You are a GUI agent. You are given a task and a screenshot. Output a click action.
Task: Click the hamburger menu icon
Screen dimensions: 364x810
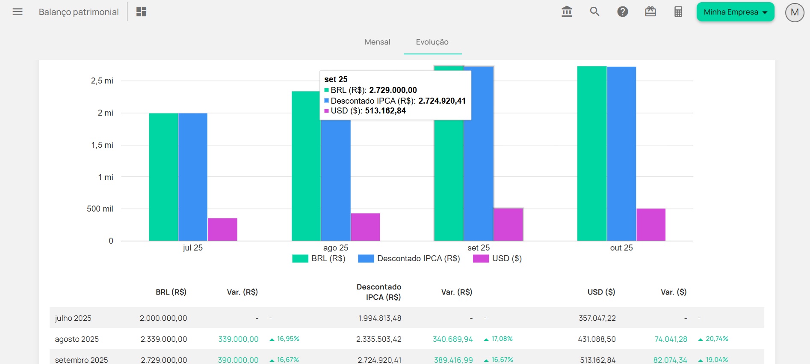18,12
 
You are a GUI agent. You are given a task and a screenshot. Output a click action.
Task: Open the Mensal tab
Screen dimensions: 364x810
377,42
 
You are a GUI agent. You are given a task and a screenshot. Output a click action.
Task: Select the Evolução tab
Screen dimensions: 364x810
432,42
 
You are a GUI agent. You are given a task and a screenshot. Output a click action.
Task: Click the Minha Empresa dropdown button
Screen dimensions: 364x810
735,12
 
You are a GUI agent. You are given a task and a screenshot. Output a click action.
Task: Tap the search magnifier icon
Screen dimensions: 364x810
594,12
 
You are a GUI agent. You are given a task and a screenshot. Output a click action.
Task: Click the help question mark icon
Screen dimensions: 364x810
623,12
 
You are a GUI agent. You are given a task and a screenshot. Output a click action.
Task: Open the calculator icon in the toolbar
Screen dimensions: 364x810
678,12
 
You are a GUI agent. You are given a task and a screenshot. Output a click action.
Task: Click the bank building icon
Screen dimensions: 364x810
567,12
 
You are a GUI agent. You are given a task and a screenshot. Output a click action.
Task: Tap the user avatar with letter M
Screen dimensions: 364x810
795,12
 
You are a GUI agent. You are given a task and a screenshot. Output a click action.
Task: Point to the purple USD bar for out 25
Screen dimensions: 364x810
651,224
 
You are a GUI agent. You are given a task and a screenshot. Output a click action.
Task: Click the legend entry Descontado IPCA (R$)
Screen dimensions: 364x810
409,259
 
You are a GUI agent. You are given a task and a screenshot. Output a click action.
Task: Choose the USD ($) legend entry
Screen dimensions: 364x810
498,259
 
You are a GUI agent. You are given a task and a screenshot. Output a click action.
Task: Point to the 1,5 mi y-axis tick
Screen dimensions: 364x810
102,145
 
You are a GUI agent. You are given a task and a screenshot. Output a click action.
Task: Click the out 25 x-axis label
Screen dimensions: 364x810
621,248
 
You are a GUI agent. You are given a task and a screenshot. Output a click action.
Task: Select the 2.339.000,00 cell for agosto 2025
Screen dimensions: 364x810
164,339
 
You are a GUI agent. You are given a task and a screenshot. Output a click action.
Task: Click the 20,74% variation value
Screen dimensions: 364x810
717,339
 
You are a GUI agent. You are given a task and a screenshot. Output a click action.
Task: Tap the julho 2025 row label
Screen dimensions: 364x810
73,318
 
